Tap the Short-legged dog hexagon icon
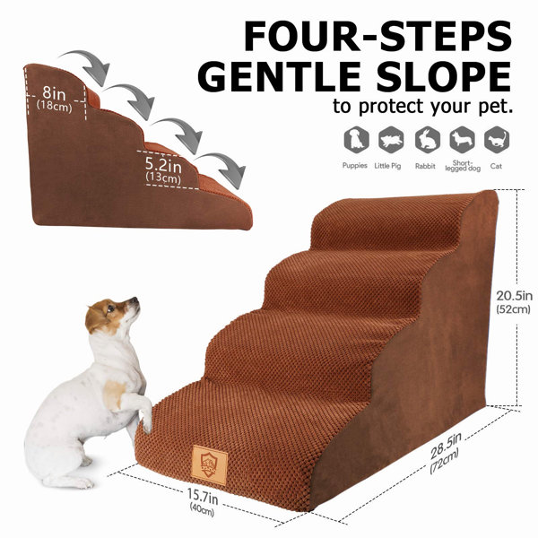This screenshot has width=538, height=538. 462,140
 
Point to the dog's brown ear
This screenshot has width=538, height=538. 95,317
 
